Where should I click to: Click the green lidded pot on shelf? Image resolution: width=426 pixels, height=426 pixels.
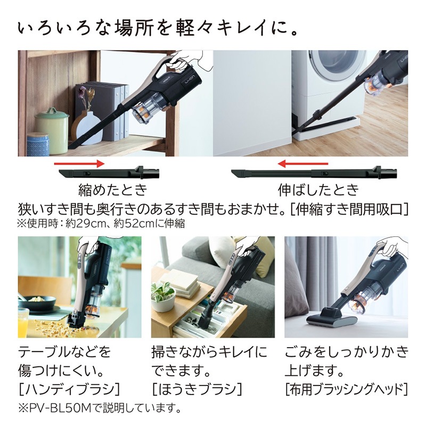coord(52,130)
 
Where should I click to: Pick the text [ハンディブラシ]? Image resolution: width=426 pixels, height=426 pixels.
coord(69,388)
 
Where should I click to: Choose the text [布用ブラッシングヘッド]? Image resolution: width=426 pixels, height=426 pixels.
coord(346,388)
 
